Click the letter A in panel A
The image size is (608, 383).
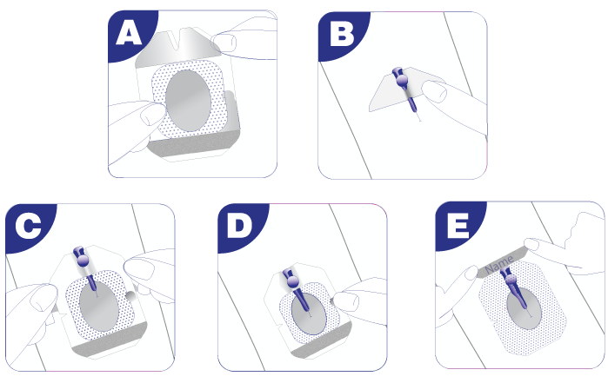[129, 32]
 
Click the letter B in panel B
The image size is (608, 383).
[342, 33]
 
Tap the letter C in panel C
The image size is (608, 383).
[28, 226]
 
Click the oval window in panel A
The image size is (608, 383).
[188, 101]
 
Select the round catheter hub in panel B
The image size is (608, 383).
[402, 81]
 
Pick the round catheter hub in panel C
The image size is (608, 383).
[83, 261]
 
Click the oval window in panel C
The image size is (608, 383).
[98, 306]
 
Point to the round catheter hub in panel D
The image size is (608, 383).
[292, 281]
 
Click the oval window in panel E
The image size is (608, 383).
[524, 307]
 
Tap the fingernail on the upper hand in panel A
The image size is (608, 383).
[225, 42]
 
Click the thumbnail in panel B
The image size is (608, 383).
[433, 92]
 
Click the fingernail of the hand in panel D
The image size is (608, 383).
[346, 301]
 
